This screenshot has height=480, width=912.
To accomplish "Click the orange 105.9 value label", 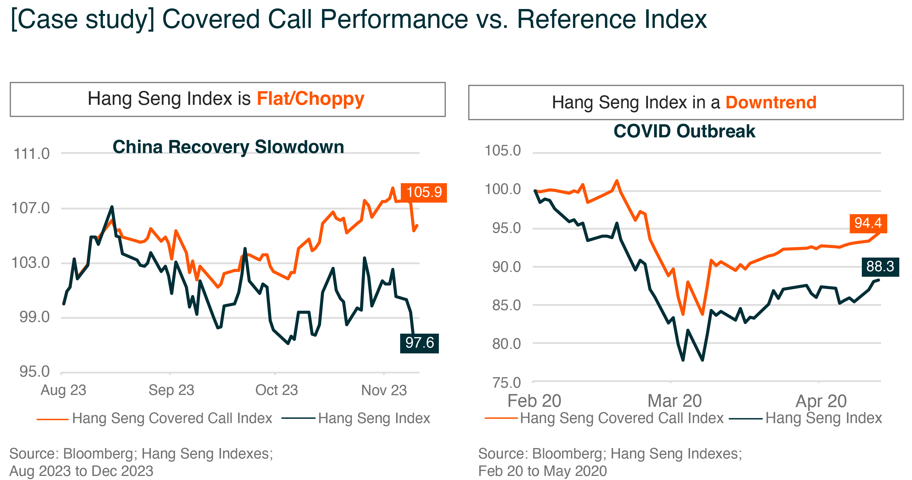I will [423, 193].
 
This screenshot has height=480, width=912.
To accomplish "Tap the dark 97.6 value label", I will [419, 343].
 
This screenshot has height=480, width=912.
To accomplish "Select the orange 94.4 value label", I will [868, 223].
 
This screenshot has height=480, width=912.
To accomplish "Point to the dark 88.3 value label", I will [880, 267].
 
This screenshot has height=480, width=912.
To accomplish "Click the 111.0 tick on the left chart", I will [31, 154].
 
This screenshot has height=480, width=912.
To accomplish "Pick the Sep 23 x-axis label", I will [171, 390].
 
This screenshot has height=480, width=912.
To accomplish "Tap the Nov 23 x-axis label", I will [384, 390].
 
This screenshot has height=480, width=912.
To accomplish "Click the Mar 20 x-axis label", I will [674, 401].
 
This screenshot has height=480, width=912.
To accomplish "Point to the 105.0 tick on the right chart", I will [502, 151].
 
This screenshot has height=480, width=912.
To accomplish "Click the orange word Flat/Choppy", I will [310, 99].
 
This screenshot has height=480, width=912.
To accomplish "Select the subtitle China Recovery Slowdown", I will [228, 147].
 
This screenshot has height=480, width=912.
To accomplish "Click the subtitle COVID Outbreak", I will [684, 131].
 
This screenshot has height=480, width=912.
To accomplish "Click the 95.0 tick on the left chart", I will [34, 372].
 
